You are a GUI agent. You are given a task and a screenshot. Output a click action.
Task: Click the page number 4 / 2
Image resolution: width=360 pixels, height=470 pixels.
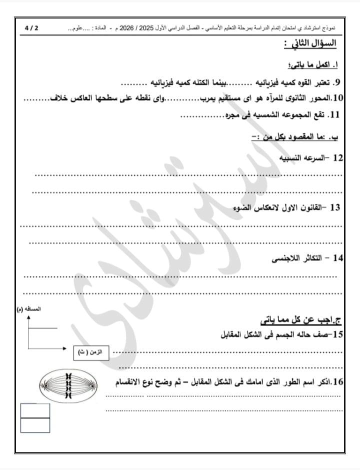pos(31,28)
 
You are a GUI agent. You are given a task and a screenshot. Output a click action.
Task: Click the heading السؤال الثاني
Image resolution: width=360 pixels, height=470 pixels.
pos(310,44)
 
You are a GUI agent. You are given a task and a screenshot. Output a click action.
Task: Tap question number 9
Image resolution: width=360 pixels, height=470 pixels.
pos(336,82)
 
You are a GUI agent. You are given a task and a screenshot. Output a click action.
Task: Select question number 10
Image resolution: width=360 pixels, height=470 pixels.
pos(336,97)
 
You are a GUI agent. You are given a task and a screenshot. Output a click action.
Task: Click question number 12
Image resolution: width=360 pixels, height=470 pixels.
pos(337,158)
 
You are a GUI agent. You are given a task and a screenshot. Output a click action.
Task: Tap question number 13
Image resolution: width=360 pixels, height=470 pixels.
pos(335,207)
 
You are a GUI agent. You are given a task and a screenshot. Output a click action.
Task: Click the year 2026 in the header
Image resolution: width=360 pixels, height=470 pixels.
pos(131,28)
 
